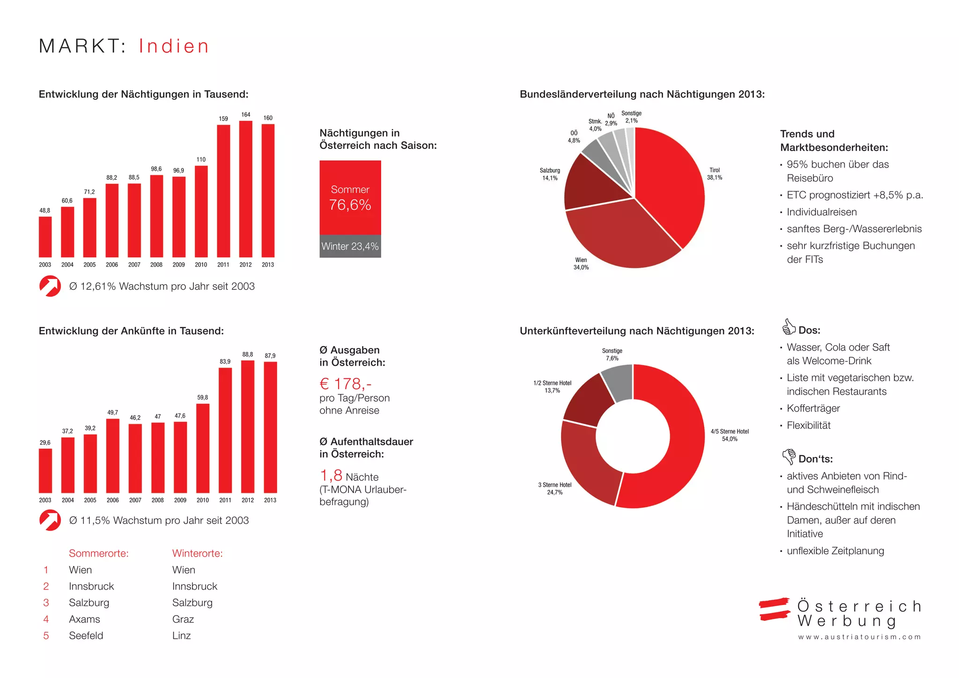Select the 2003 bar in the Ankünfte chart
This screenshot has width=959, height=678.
click(45, 470)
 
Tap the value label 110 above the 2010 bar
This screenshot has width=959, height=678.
click(201, 160)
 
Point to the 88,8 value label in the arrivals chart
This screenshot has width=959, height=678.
click(248, 354)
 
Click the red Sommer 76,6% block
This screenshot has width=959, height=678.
click(350, 197)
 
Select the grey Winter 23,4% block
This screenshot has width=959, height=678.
click(350, 246)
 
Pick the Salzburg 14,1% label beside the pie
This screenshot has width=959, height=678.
click(550, 174)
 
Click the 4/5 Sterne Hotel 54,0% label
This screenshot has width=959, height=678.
click(730, 435)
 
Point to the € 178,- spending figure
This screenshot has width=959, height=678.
click(346, 384)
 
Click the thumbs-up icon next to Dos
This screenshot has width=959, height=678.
click(789, 327)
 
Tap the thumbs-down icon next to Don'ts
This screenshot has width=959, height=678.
click(789, 456)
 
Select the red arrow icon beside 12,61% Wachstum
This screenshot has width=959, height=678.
click(50, 286)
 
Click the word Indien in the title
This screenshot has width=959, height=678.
click(174, 46)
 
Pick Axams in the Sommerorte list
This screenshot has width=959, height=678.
click(84, 619)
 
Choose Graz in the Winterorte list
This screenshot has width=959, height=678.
click(183, 619)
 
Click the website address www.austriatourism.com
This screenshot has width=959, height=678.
click(859, 637)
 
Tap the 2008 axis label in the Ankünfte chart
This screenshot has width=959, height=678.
click(158, 500)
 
